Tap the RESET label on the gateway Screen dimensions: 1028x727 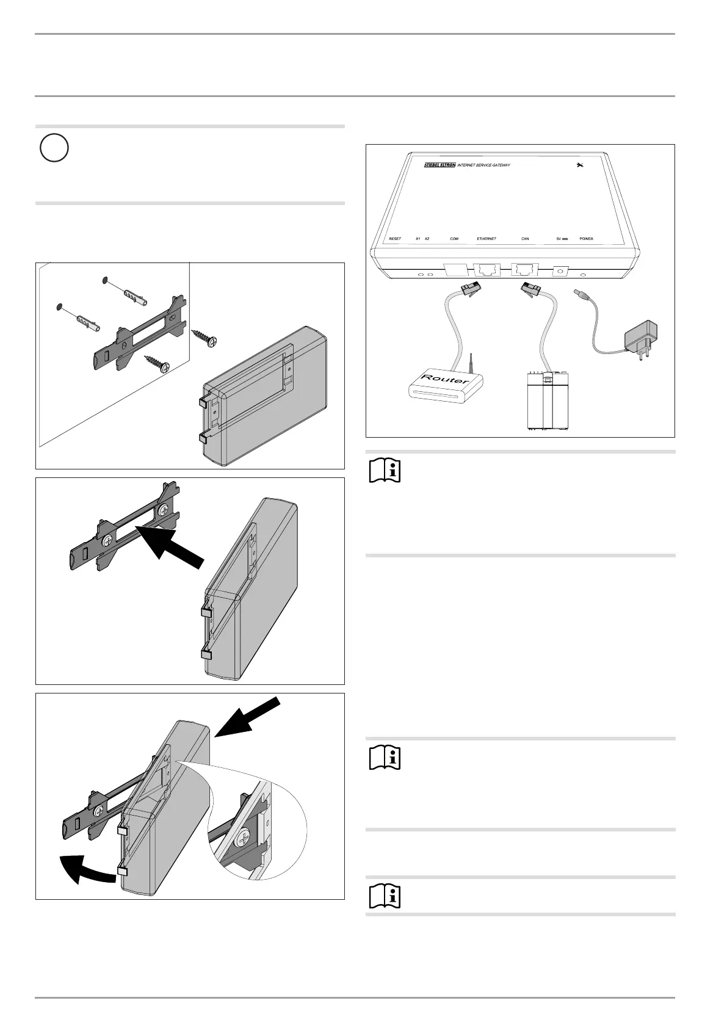click(x=395, y=239)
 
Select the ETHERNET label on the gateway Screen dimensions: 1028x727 click(x=486, y=239)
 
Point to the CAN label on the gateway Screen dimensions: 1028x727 click(x=525, y=239)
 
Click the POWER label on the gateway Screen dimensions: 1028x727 click(x=586, y=239)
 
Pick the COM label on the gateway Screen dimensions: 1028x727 click(x=454, y=239)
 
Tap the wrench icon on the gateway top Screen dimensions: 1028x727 click(x=579, y=165)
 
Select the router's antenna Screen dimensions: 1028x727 click(x=471, y=363)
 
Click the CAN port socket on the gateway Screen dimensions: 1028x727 click(x=524, y=269)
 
